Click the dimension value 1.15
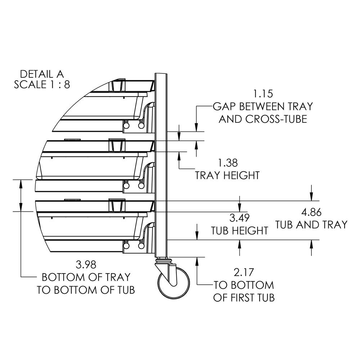(x=263, y=94)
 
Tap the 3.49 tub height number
(x=239, y=218)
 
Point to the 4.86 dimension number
(x=311, y=212)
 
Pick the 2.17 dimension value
(x=244, y=273)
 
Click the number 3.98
(x=86, y=265)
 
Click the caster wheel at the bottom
(x=174, y=283)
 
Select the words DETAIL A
(x=42, y=74)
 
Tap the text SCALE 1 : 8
(x=42, y=85)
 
